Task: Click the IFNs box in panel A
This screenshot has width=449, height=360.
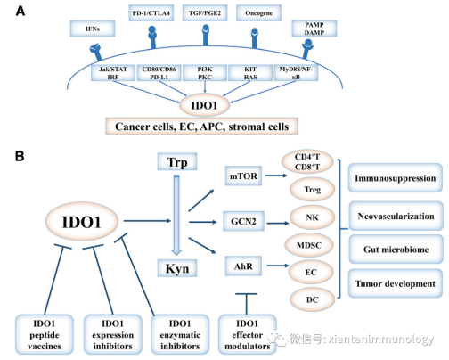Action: click(93, 29)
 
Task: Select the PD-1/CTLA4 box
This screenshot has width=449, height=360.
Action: click(151, 13)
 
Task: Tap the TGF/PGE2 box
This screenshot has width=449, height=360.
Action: click(205, 13)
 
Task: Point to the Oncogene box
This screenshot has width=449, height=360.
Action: click(258, 13)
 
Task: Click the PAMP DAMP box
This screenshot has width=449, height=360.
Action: click(314, 29)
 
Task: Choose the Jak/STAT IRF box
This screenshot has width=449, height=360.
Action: click(113, 73)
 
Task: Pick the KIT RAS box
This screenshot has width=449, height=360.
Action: click(250, 73)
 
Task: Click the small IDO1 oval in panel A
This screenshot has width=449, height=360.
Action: click(204, 105)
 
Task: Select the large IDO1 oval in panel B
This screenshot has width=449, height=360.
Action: click(82, 222)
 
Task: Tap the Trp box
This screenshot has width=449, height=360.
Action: click(177, 162)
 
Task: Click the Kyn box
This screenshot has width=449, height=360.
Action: click(177, 268)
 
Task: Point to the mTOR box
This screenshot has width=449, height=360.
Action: click(243, 176)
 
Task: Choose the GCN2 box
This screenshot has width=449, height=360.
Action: click(243, 221)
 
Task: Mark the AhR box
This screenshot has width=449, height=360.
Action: click(243, 266)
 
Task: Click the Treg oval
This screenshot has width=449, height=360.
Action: click(312, 190)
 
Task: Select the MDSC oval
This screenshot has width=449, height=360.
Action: click(309, 245)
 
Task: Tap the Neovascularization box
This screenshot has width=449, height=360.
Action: click(396, 216)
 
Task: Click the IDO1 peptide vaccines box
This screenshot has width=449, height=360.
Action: click(45, 335)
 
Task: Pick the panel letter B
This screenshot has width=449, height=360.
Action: click(20, 156)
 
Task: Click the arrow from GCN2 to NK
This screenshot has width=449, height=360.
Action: click(278, 223)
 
